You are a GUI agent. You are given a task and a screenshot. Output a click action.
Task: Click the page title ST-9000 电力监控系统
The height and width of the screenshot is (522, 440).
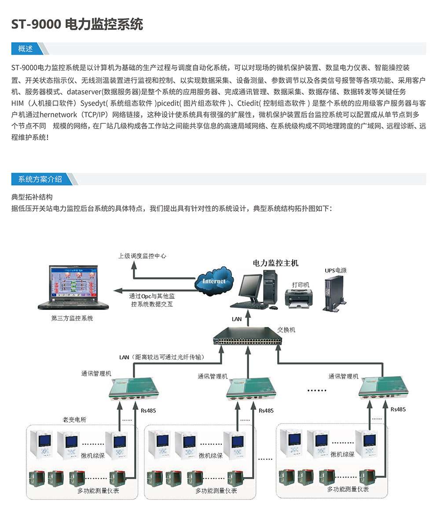click(77, 24)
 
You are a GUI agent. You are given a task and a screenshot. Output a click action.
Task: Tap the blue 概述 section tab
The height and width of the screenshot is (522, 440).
click(26, 49)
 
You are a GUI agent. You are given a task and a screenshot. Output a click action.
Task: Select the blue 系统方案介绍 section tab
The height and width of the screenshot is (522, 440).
click(40, 179)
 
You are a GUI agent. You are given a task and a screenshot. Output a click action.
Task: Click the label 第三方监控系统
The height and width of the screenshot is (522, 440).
click(72, 318)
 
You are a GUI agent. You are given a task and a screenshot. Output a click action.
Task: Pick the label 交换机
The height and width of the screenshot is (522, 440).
click(286, 329)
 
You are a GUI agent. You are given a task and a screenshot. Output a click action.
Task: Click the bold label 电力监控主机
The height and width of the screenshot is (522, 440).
click(275, 263)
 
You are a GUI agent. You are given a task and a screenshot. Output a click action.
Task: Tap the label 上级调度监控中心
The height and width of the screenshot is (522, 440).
click(142, 256)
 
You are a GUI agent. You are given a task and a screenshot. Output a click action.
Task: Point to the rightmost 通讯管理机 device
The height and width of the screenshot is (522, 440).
click(380, 388)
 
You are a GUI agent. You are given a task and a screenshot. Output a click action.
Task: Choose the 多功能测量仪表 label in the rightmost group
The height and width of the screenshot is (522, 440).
click(348, 489)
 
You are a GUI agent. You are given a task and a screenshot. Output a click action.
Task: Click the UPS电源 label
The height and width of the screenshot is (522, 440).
click(336, 270)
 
